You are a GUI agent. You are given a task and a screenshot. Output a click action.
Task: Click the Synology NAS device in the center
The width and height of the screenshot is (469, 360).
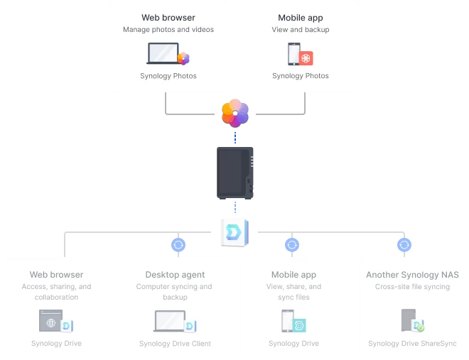[x=235, y=173]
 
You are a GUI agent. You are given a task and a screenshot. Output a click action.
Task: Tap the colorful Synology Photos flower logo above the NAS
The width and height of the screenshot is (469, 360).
[x=235, y=113]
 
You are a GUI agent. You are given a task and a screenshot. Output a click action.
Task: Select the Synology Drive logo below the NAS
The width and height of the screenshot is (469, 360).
[x=234, y=233]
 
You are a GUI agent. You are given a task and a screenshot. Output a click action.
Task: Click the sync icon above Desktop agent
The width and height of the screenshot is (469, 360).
[x=178, y=245]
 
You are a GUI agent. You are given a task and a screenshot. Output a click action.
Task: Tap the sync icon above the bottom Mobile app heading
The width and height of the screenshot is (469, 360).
[x=292, y=245]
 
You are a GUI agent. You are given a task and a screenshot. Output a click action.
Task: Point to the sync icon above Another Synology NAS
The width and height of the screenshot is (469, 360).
[x=404, y=245]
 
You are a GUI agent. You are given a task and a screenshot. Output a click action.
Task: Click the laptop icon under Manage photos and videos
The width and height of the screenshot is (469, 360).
[x=163, y=53]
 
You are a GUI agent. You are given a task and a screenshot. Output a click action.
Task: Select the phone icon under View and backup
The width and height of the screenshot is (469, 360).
[x=293, y=54]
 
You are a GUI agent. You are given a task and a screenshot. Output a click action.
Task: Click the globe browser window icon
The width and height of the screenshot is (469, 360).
[x=51, y=320]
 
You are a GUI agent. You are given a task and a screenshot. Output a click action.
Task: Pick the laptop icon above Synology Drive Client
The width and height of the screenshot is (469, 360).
[x=170, y=321]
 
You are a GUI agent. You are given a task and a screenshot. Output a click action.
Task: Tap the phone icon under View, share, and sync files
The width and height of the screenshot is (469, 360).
[x=288, y=320]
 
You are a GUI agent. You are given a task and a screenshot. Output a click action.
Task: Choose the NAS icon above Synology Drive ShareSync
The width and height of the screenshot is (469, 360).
[x=409, y=320]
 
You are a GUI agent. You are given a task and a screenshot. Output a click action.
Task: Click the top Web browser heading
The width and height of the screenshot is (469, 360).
[x=168, y=18]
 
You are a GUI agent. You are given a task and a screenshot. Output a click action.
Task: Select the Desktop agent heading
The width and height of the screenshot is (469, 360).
[x=175, y=275]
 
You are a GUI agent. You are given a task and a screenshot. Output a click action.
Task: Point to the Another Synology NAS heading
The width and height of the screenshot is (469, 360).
[x=412, y=275]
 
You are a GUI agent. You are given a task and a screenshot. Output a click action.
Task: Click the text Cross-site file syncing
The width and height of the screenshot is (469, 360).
[x=412, y=286]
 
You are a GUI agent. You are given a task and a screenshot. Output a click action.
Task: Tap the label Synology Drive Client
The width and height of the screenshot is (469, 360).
[x=175, y=344]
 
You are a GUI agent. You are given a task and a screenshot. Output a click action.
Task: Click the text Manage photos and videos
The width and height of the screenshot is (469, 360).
[x=168, y=30]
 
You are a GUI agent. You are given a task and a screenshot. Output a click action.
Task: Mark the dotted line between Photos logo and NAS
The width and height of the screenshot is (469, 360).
[x=235, y=138]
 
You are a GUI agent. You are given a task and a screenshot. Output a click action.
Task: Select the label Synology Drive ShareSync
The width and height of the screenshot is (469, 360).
[x=412, y=344]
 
